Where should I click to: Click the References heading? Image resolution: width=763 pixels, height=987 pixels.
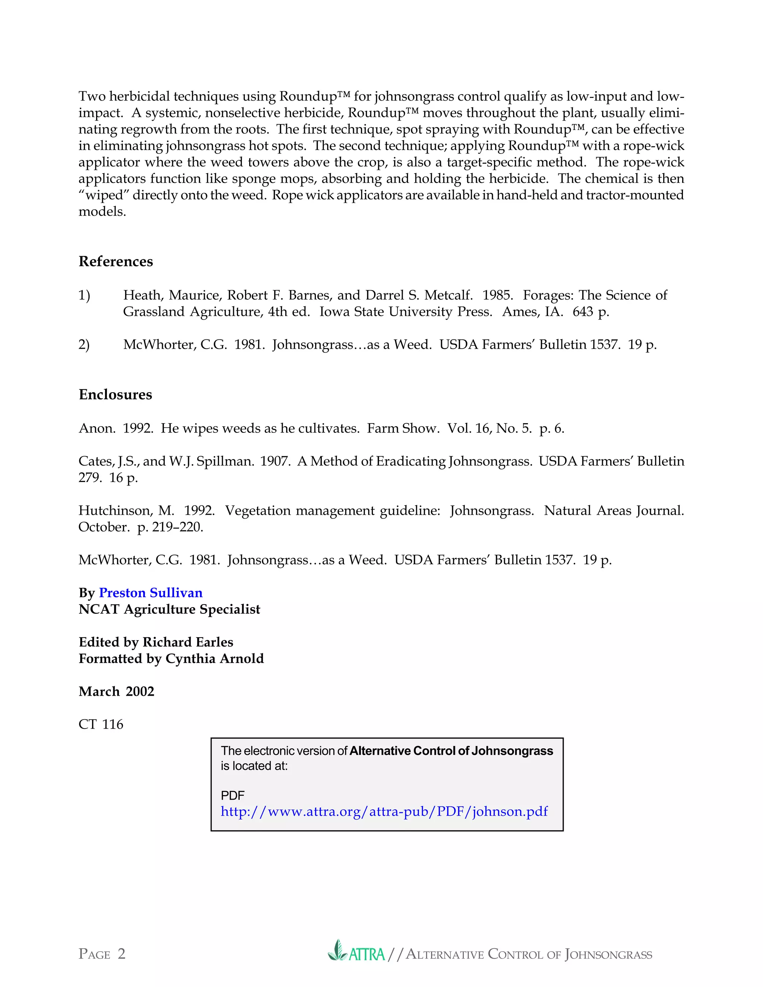pyautogui.click(x=116, y=261)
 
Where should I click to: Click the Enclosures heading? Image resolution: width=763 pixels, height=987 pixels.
pyautogui.click(x=115, y=394)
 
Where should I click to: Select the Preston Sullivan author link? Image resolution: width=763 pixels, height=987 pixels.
pyautogui.click(x=151, y=593)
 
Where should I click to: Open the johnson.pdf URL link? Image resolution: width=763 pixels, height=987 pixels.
pyautogui.click(x=384, y=811)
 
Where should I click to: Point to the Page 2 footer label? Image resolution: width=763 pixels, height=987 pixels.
pyautogui.click(x=102, y=953)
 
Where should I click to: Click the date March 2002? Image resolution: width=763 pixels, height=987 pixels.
pyautogui.click(x=116, y=691)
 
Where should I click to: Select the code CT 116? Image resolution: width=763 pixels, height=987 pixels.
pyautogui.click(x=101, y=724)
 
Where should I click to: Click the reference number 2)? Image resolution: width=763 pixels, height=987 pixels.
pyautogui.click(x=84, y=345)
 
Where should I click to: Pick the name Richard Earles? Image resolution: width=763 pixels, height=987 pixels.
pyautogui.click(x=188, y=642)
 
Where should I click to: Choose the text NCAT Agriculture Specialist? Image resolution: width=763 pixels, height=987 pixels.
pyautogui.click(x=170, y=609)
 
